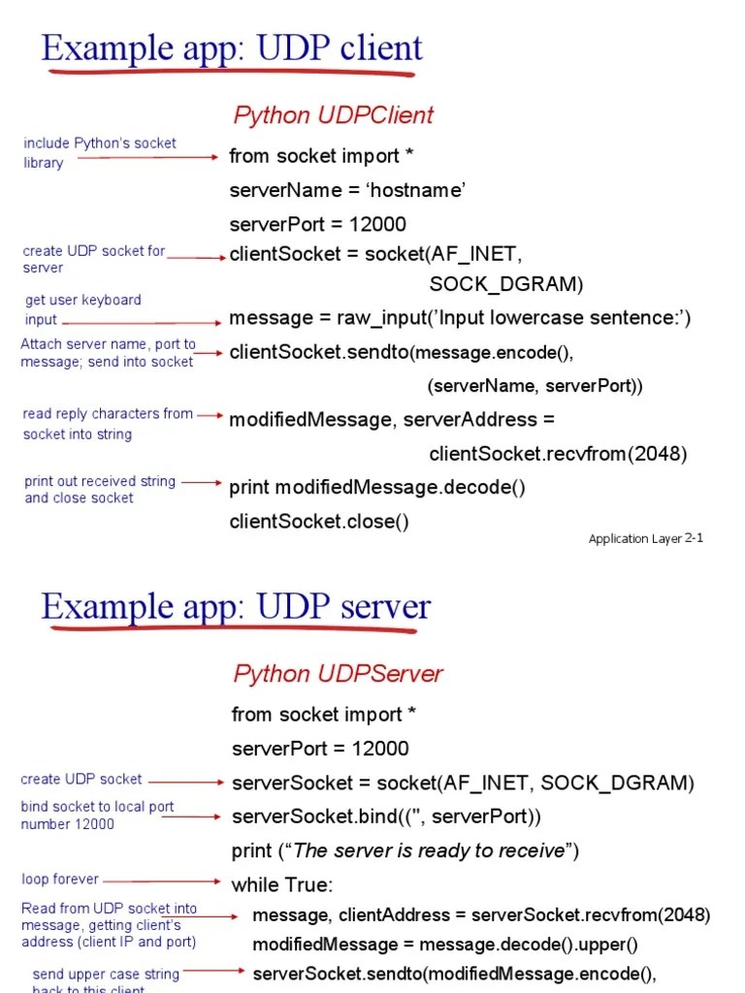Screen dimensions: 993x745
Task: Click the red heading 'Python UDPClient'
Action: click(333, 115)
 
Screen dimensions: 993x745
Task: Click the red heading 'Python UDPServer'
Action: click(338, 674)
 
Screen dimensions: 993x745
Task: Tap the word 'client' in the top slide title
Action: click(376, 48)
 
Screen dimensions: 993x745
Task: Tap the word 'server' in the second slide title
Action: click(380, 607)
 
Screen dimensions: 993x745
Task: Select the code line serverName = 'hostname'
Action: click(347, 190)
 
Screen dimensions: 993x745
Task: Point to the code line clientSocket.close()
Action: click(319, 522)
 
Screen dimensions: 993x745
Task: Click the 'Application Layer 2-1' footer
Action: click(645, 538)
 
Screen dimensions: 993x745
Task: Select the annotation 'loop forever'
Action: click(60, 880)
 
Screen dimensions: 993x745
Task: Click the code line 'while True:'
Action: click(281, 885)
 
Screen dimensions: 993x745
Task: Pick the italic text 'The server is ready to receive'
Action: click(428, 850)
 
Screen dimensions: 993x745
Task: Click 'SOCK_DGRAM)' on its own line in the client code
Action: click(506, 284)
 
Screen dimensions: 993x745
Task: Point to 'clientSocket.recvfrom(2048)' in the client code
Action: click(558, 454)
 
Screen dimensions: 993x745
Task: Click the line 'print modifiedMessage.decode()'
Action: click(377, 488)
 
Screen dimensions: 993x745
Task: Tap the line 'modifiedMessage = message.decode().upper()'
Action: click(444, 945)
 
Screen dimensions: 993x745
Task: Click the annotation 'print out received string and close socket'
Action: click(100, 490)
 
